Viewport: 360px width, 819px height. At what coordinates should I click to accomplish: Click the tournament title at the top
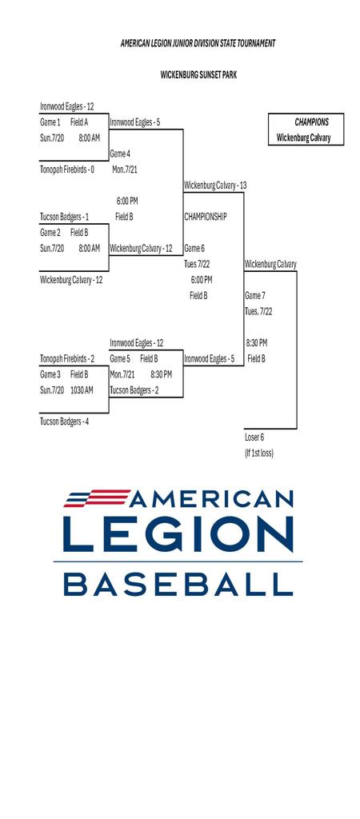[x=198, y=43]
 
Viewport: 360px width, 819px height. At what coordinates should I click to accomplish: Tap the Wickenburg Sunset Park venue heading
[x=198, y=75]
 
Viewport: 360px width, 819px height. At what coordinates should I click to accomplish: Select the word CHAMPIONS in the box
[x=312, y=122]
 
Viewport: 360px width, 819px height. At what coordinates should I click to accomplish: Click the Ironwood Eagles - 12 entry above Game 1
[x=67, y=106]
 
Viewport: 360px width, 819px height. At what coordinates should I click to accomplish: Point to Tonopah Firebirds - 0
[x=67, y=170]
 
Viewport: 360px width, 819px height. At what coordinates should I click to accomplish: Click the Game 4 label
[x=120, y=154]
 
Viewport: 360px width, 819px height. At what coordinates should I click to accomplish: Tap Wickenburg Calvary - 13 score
[x=215, y=186]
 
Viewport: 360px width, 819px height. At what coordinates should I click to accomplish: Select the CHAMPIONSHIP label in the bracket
[x=206, y=217]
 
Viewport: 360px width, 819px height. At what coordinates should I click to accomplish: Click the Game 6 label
[x=194, y=248]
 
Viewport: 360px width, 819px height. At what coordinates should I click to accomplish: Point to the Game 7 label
[x=255, y=296]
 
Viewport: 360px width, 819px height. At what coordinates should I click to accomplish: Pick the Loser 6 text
[x=254, y=437]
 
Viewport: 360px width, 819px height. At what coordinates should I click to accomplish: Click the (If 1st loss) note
[x=259, y=453]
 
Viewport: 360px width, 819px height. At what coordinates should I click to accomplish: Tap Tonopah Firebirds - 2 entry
[x=67, y=358]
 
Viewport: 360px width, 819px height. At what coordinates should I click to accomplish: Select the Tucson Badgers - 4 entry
[x=64, y=421]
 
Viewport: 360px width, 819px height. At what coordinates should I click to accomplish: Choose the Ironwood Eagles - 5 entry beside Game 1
[x=135, y=122]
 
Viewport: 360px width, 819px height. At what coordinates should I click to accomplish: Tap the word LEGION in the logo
[x=178, y=534]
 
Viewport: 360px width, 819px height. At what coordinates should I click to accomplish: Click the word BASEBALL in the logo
[x=178, y=585]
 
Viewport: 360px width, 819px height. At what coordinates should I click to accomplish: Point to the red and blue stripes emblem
[x=97, y=497]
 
